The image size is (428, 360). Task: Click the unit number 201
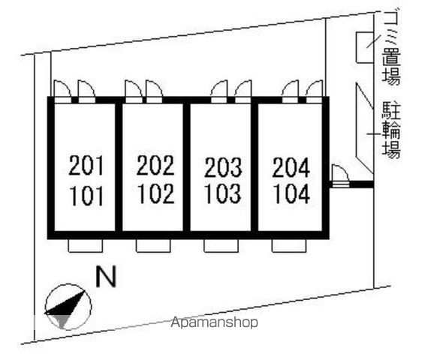86,165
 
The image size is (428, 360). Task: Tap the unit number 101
86,196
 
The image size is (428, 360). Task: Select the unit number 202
155,165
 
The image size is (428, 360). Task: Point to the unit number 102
156,193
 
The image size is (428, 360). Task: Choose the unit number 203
223,167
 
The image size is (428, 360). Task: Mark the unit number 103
223,193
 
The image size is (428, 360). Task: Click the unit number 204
291,167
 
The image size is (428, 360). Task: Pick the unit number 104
291,193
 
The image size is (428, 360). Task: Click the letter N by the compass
106,276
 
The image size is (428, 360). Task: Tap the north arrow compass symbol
68,307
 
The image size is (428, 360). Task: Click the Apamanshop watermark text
214,322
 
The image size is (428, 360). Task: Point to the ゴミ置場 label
391,48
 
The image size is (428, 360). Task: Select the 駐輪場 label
391,130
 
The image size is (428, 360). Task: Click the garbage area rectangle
365,47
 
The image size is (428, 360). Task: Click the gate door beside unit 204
340,176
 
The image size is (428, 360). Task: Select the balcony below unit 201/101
86,246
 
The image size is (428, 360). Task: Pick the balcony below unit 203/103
221,246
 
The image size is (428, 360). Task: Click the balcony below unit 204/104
289,246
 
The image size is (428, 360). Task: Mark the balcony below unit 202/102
153,246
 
